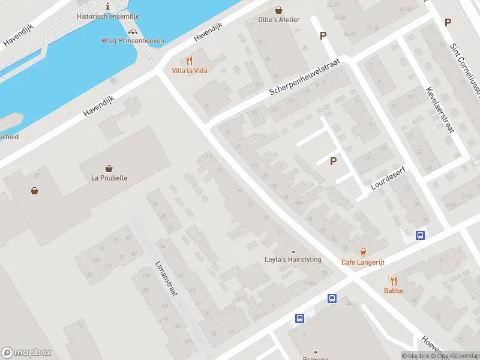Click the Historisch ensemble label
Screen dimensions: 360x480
tap(108, 16)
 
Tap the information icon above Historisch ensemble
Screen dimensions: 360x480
tap(107, 5)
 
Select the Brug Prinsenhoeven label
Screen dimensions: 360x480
tap(132, 41)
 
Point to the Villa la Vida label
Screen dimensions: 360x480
tap(189, 71)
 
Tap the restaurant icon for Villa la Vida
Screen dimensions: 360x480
tap(190, 60)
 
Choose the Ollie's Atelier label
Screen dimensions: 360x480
tap(278, 20)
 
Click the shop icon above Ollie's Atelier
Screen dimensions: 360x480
tap(278, 10)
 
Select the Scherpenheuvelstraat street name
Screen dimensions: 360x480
tap(304, 77)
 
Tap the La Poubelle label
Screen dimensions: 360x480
tap(109, 178)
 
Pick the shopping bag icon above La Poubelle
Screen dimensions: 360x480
tap(109, 168)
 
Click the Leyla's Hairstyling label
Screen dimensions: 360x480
tap(293, 260)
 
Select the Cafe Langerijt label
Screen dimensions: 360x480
tap(362, 262)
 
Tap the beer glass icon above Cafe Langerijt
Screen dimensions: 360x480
tap(362, 251)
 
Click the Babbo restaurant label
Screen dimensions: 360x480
tap(394, 291)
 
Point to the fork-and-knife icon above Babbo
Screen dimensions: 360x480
tap(394, 280)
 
